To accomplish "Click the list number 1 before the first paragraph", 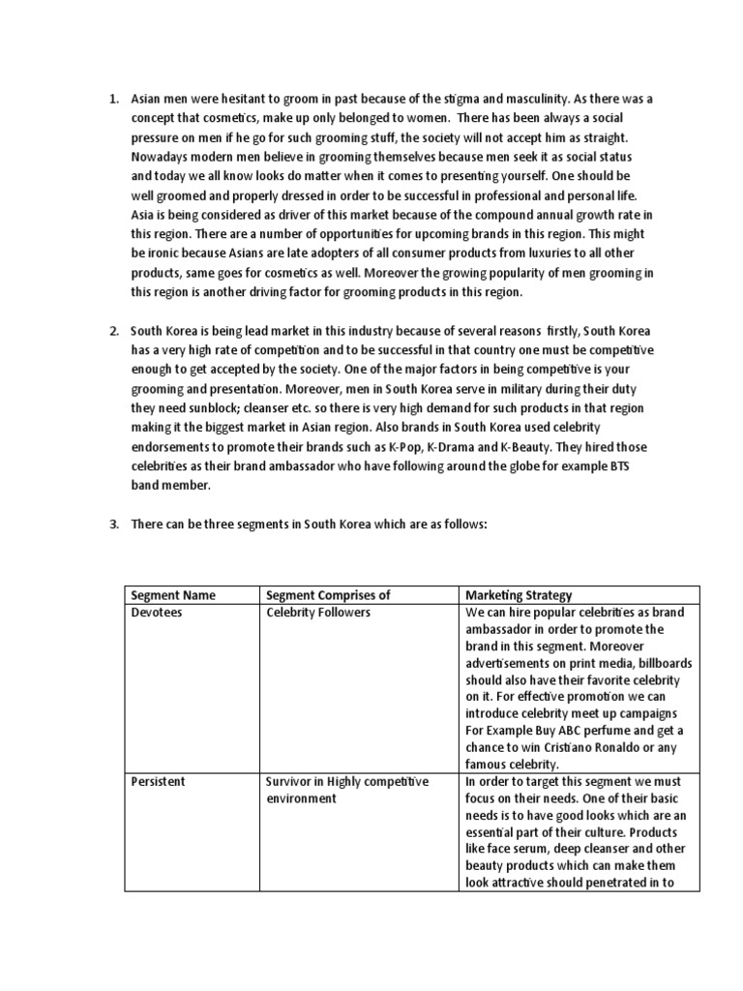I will [x=112, y=100].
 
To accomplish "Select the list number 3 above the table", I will [x=112, y=524].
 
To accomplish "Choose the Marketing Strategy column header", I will [x=520, y=594].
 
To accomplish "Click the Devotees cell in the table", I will [x=157, y=612].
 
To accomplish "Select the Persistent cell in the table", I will [x=159, y=781].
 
